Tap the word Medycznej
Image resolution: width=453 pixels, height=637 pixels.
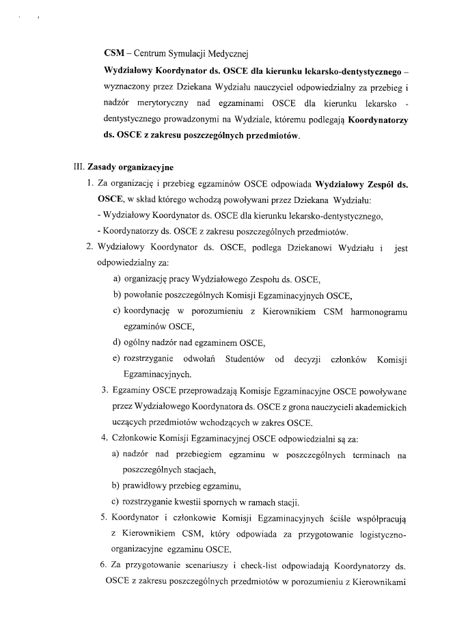point(229,53)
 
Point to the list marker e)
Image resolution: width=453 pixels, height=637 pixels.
point(117,359)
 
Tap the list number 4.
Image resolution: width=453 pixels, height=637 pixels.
point(104,439)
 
